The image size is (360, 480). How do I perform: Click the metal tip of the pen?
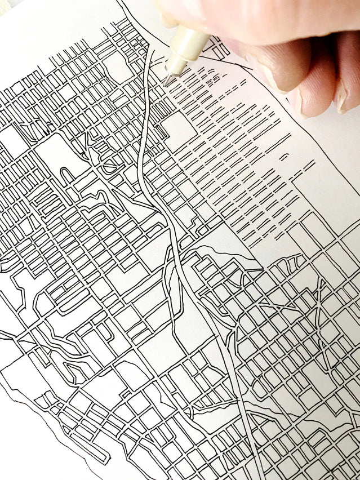(167, 79)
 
